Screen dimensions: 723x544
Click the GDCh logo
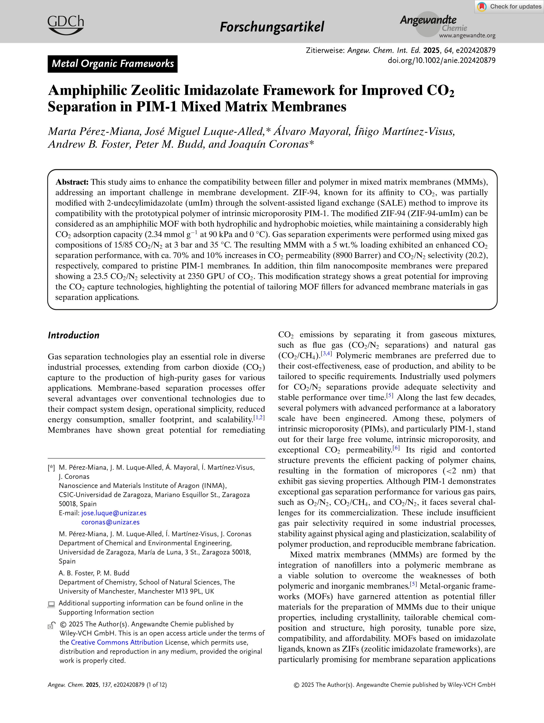click(65, 25)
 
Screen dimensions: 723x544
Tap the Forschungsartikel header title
click(272, 27)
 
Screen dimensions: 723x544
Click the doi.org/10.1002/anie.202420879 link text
click(441, 60)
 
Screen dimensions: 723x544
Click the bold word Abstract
click(72, 182)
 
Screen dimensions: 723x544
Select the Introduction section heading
click(73, 335)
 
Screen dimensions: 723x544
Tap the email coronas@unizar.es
click(110, 522)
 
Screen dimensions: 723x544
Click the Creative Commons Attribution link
click(117, 642)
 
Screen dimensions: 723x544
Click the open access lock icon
click(51, 626)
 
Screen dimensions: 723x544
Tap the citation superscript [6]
click(396, 448)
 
